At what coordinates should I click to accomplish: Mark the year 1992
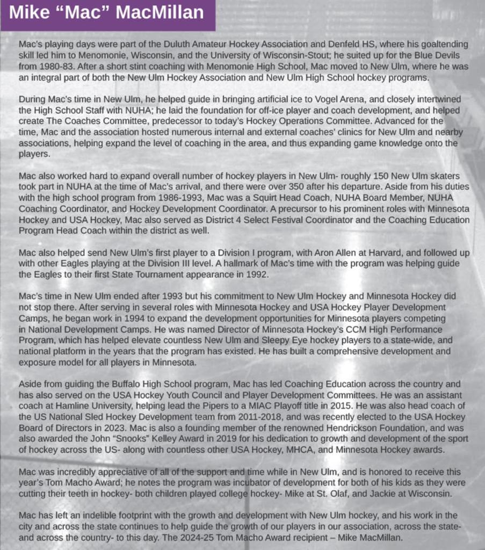(x=255, y=274)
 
